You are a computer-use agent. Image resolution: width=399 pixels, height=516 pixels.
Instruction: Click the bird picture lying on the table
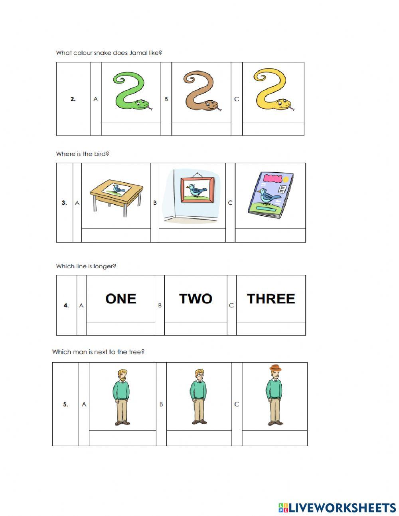[117, 189]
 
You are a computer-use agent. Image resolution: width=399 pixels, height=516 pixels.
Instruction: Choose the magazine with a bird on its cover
[271, 195]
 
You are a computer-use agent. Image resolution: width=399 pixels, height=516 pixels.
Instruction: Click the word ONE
[120, 299]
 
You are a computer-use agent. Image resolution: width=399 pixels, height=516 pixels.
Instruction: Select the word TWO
[196, 299]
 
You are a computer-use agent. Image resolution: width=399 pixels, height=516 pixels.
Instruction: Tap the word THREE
[271, 299]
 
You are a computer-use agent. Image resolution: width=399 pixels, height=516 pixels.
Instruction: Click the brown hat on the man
[275, 368]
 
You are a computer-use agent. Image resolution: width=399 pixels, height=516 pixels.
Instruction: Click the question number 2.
[73, 99]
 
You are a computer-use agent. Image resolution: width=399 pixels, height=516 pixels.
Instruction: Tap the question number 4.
[66, 305]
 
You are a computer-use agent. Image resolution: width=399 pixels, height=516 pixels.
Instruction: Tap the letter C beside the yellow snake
[237, 99]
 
